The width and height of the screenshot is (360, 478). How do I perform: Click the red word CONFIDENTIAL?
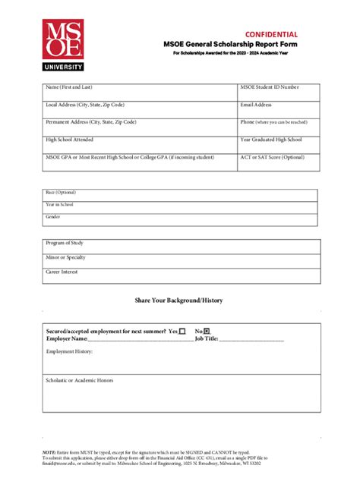coord(271,35)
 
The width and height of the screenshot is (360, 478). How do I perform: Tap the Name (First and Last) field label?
coord(72,88)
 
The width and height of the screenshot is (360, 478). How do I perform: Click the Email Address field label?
coord(256,105)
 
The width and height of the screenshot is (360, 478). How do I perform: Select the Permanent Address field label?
coord(91,122)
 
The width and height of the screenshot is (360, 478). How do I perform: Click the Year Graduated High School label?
coord(271,140)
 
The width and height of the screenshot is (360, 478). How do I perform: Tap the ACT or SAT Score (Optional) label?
coord(272,157)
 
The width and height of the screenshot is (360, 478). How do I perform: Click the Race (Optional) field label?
coord(61,193)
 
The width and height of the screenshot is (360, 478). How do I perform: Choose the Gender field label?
coord(53,217)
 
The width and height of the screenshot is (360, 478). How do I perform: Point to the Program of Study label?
coord(65,244)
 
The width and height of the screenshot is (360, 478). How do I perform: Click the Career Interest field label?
coord(62,271)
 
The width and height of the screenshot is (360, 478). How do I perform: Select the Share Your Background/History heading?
coord(179,300)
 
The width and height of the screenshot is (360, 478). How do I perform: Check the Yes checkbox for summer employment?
coord(182,332)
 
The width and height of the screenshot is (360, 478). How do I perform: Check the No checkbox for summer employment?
coord(207,332)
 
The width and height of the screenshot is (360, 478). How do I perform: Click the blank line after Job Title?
coord(251,339)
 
